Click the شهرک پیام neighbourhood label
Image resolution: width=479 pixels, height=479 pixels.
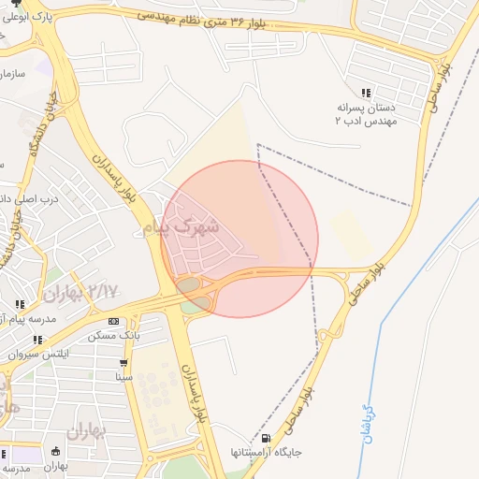click(182, 226)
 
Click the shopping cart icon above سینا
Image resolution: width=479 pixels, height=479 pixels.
click(123, 363)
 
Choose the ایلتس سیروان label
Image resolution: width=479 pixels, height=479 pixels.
click(38, 354)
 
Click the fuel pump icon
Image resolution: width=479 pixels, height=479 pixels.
click(268, 438)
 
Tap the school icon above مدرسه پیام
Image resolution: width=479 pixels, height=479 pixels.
click(20, 305)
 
